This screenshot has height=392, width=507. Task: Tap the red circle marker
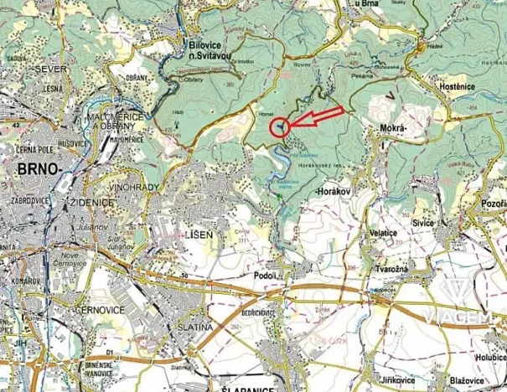pos(279,127)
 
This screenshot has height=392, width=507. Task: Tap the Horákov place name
pos(334,193)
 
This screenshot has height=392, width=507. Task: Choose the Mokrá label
pos(393,128)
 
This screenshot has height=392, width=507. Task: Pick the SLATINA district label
pos(196,327)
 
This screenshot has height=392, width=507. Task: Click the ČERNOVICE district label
pos(99,309)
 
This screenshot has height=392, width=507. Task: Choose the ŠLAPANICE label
pos(248,389)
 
